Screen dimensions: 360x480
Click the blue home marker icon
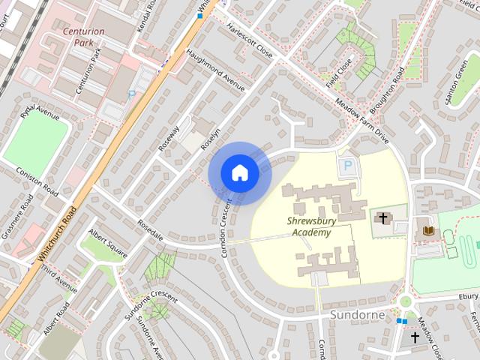[x=239, y=173]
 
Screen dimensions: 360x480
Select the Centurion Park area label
[x=88, y=37]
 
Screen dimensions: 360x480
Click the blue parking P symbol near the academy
[x=347, y=166]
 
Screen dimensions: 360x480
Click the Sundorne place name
[x=358, y=316]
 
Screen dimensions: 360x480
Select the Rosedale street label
[x=151, y=229]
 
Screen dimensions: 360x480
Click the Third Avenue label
[x=59, y=278]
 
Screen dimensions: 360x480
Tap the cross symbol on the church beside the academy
[x=383, y=218]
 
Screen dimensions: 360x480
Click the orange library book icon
[x=428, y=229]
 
